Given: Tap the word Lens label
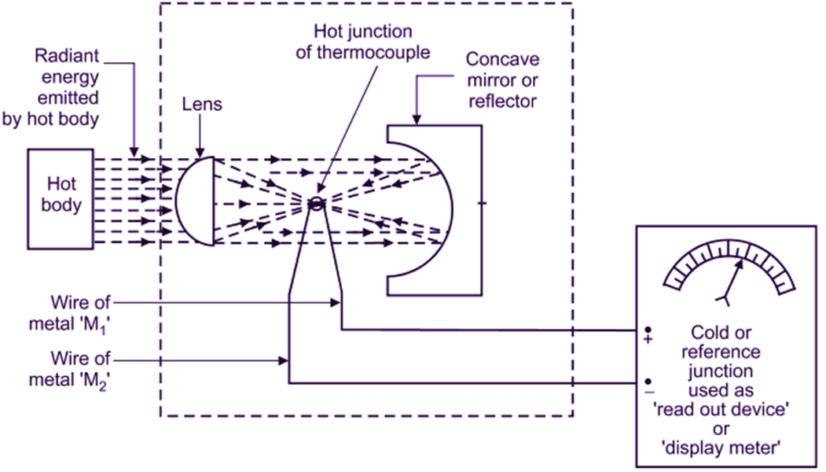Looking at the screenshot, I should (x=200, y=103).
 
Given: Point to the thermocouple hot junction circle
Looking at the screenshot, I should (x=316, y=203).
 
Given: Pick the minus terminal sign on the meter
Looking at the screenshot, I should (x=650, y=390).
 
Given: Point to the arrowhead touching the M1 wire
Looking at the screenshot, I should (x=336, y=301).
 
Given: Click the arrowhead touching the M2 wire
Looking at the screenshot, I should (x=285, y=360).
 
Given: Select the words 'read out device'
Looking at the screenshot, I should (x=727, y=411).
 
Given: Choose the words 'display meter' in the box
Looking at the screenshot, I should (x=727, y=450).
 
